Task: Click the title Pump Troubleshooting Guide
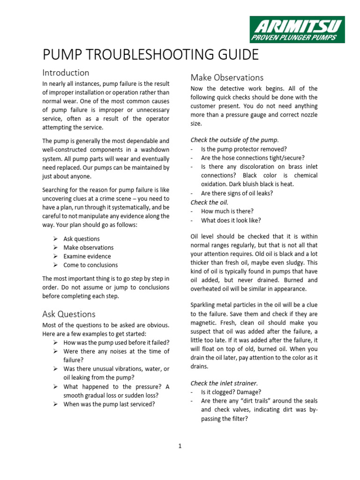150,55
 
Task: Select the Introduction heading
66,73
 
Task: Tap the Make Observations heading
227,77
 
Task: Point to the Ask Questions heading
69,314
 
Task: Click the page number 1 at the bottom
180,446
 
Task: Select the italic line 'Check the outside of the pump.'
234,140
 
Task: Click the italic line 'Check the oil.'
210,202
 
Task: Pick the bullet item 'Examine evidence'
87,256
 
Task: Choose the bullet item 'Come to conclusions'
90,265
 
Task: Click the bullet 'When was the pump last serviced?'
109,404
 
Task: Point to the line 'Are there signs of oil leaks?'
237,193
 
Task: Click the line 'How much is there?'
227,211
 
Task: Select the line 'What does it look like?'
231,220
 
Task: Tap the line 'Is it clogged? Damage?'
231,392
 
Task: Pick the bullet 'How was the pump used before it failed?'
116,342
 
